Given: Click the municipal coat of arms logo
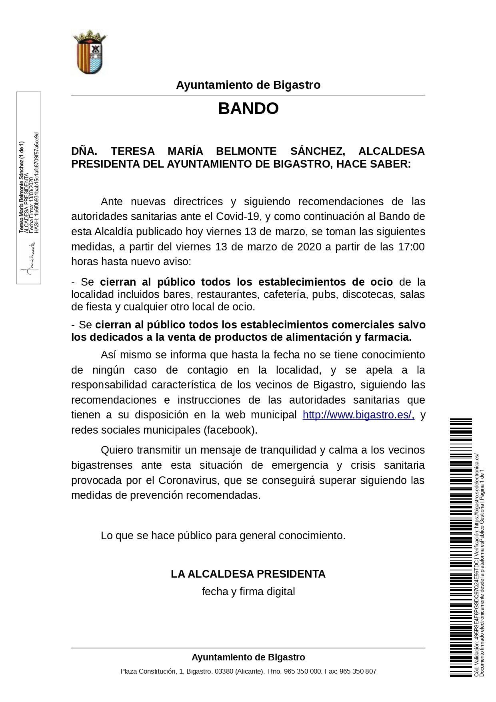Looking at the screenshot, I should pos(90,52).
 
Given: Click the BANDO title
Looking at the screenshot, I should pos(248,108).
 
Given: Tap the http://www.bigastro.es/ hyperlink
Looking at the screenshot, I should pos(358,415).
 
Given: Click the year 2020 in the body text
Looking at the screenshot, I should pos(309,247).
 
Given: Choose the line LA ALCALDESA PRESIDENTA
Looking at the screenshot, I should pos(248,574).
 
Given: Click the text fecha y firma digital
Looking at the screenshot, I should pos(248,592).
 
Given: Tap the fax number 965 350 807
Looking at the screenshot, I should pos(358,671).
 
